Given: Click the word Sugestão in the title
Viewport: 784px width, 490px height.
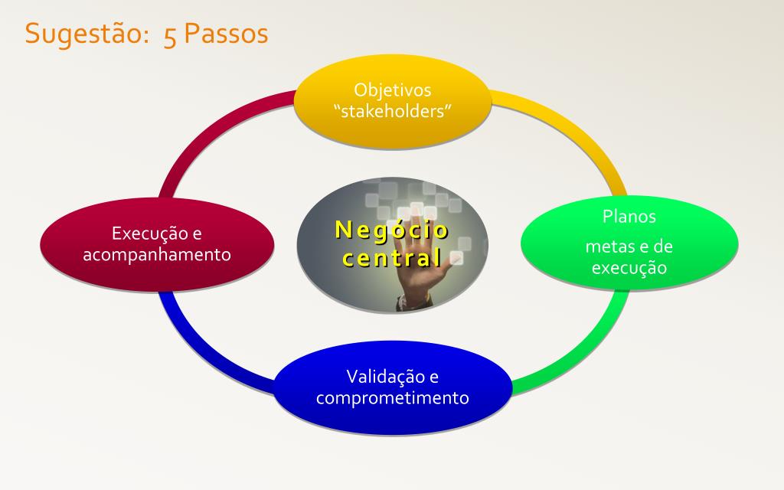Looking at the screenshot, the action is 84,34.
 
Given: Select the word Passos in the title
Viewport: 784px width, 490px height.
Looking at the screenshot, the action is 226,34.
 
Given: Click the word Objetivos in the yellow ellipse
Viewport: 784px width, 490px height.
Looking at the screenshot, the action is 393,90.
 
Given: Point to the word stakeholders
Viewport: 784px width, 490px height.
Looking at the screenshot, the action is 393,110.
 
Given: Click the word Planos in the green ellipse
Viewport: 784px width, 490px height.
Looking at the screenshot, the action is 629,216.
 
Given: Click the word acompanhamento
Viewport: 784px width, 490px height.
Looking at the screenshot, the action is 156,254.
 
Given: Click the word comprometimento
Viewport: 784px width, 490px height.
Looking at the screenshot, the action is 393,398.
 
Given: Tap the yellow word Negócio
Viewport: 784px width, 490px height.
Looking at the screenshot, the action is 391,230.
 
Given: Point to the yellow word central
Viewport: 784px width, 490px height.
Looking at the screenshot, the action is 392,259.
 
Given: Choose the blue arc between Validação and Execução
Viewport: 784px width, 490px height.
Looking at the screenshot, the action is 200,350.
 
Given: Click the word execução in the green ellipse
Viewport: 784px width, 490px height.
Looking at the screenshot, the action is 629,268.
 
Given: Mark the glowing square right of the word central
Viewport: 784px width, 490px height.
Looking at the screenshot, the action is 456,258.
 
